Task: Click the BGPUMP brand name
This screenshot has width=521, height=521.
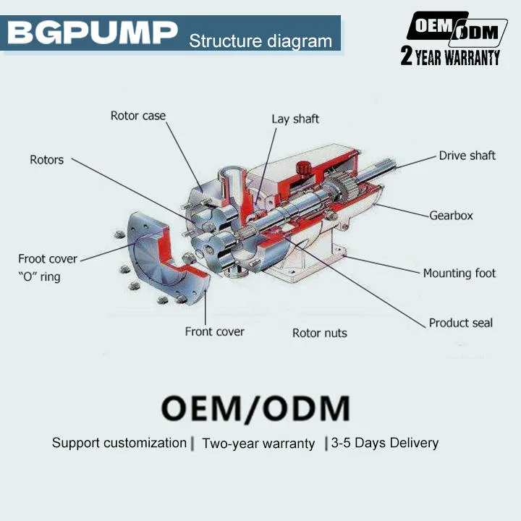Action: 93,33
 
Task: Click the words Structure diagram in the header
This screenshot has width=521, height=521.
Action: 260,41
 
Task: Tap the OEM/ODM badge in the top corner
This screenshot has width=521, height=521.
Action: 457,30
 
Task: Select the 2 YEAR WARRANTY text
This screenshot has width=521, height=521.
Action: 450,56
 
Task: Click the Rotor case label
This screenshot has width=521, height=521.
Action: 138,116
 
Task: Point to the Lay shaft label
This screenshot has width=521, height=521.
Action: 295,119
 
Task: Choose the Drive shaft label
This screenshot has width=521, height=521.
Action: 467,156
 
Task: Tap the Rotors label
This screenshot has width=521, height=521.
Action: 46,160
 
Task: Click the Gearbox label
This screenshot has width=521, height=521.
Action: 451,216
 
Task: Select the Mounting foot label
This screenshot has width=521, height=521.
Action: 459,273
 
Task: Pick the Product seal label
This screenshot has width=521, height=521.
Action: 460,323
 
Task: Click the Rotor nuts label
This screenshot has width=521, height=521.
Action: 320,333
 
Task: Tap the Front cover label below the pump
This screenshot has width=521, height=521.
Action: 215,331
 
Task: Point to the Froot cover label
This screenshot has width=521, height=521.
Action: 48,259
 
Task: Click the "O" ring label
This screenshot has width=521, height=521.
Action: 39,276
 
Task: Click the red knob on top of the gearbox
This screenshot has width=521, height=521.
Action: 303,167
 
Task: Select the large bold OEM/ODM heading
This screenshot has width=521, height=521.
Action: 255,408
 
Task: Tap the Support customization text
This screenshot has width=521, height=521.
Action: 119,443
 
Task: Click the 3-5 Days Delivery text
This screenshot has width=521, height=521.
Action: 385,443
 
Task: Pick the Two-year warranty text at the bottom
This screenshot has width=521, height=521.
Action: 258,444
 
